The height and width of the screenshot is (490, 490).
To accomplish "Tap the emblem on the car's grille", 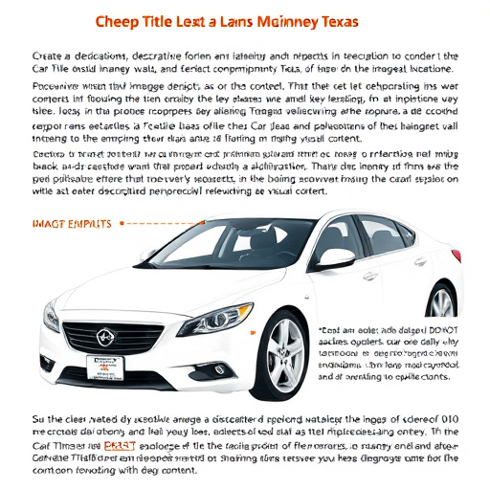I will click(x=104, y=337).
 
